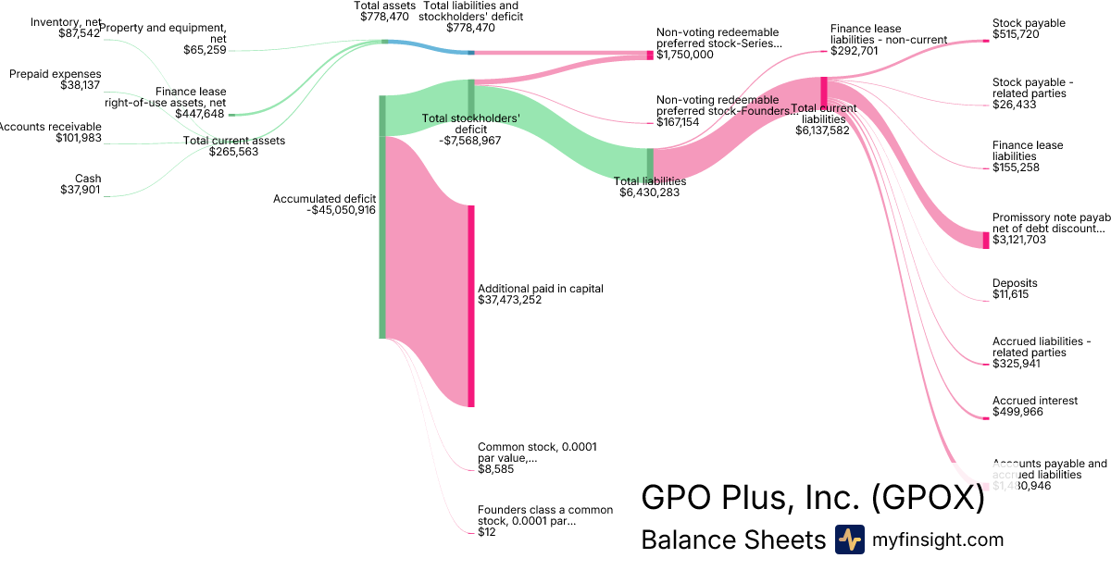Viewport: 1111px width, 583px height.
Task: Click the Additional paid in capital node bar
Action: (471, 305)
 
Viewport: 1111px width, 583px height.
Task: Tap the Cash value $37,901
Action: (81, 191)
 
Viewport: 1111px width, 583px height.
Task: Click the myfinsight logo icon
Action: (849, 540)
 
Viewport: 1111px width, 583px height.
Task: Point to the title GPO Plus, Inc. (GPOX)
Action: (813, 497)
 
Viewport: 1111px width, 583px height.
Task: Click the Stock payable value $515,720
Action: (1016, 34)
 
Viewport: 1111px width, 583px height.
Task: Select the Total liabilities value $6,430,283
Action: (653, 193)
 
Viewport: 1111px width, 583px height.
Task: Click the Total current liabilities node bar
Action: (823, 92)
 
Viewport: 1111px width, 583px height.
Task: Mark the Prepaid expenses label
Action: (56, 74)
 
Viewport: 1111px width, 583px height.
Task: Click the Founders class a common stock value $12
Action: (486, 532)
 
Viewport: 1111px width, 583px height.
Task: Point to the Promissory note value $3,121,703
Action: (1019, 240)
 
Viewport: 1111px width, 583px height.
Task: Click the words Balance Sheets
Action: (733, 540)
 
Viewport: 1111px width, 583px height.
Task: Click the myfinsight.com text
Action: (938, 540)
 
